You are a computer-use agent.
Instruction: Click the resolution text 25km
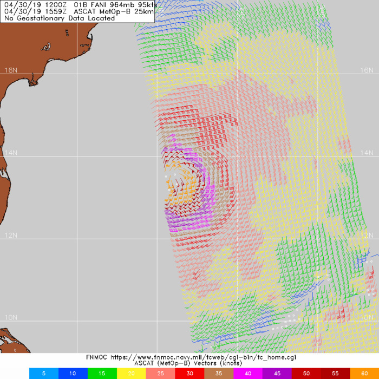click(144, 11)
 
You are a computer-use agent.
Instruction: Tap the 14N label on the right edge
click(368, 153)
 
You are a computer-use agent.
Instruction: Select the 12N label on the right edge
click(368, 236)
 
